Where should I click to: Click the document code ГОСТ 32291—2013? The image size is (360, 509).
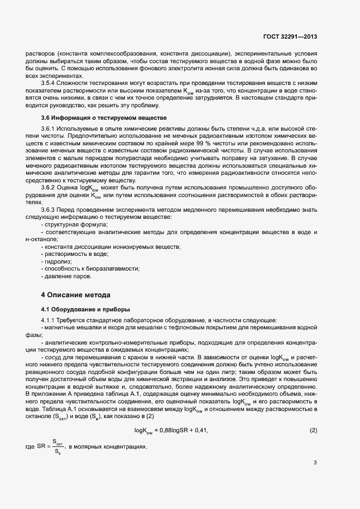[x=290, y=37]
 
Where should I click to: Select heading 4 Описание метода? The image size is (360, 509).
[x=76, y=295]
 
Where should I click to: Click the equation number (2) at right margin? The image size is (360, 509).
[x=313, y=416]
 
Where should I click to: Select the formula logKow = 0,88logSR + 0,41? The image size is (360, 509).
[x=172, y=416]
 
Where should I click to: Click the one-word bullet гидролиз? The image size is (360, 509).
[x=58, y=261]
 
